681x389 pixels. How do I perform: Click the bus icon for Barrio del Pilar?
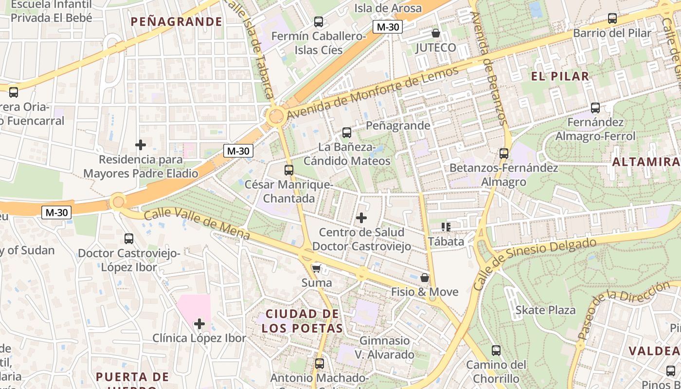click(612, 18)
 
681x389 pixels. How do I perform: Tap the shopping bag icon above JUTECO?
click(436, 33)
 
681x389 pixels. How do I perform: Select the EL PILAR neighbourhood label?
click(560, 76)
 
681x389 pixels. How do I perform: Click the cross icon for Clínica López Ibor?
click(199, 323)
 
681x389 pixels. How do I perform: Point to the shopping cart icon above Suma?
click(316, 268)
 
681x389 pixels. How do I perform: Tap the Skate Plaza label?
click(545, 310)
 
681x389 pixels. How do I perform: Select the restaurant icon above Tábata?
click(446, 227)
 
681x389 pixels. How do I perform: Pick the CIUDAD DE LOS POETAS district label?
click(302, 321)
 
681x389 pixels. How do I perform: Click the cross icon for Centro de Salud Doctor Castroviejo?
click(361, 217)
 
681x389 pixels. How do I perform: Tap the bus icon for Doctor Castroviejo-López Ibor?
click(129, 239)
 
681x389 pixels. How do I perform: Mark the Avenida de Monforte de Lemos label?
click(372, 93)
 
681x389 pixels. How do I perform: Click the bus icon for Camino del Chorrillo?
click(496, 350)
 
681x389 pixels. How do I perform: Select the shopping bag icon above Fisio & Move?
click(425, 278)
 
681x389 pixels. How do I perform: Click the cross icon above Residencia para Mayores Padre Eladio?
click(141, 144)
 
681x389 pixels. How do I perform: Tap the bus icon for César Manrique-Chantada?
click(289, 170)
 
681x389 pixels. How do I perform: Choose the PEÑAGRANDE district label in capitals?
click(177, 21)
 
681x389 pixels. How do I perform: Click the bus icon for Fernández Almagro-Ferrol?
click(595, 108)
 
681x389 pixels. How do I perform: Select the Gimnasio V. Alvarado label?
click(384, 347)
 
